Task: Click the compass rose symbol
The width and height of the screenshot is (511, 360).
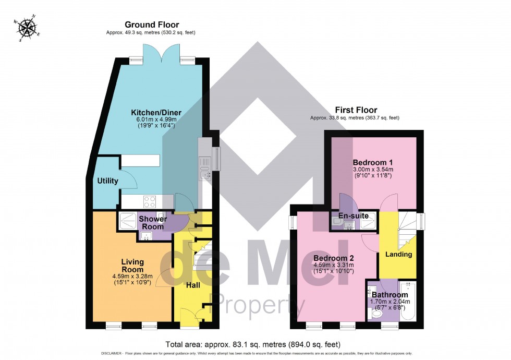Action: [28, 28]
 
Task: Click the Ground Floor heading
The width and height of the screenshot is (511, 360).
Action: [151, 25]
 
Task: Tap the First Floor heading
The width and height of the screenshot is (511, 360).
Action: [355, 111]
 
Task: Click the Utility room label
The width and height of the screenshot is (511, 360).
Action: [107, 181]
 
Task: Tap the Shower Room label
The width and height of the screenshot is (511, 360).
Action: [152, 223]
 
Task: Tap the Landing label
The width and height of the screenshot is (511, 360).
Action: [398, 255]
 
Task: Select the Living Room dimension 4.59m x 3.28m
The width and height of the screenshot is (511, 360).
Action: [132, 276]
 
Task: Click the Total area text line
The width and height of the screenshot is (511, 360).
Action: [252, 344]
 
